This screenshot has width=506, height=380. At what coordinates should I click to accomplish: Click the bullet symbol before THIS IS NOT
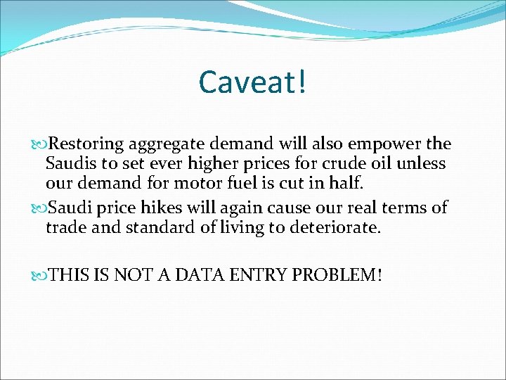[x=38, y=274]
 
